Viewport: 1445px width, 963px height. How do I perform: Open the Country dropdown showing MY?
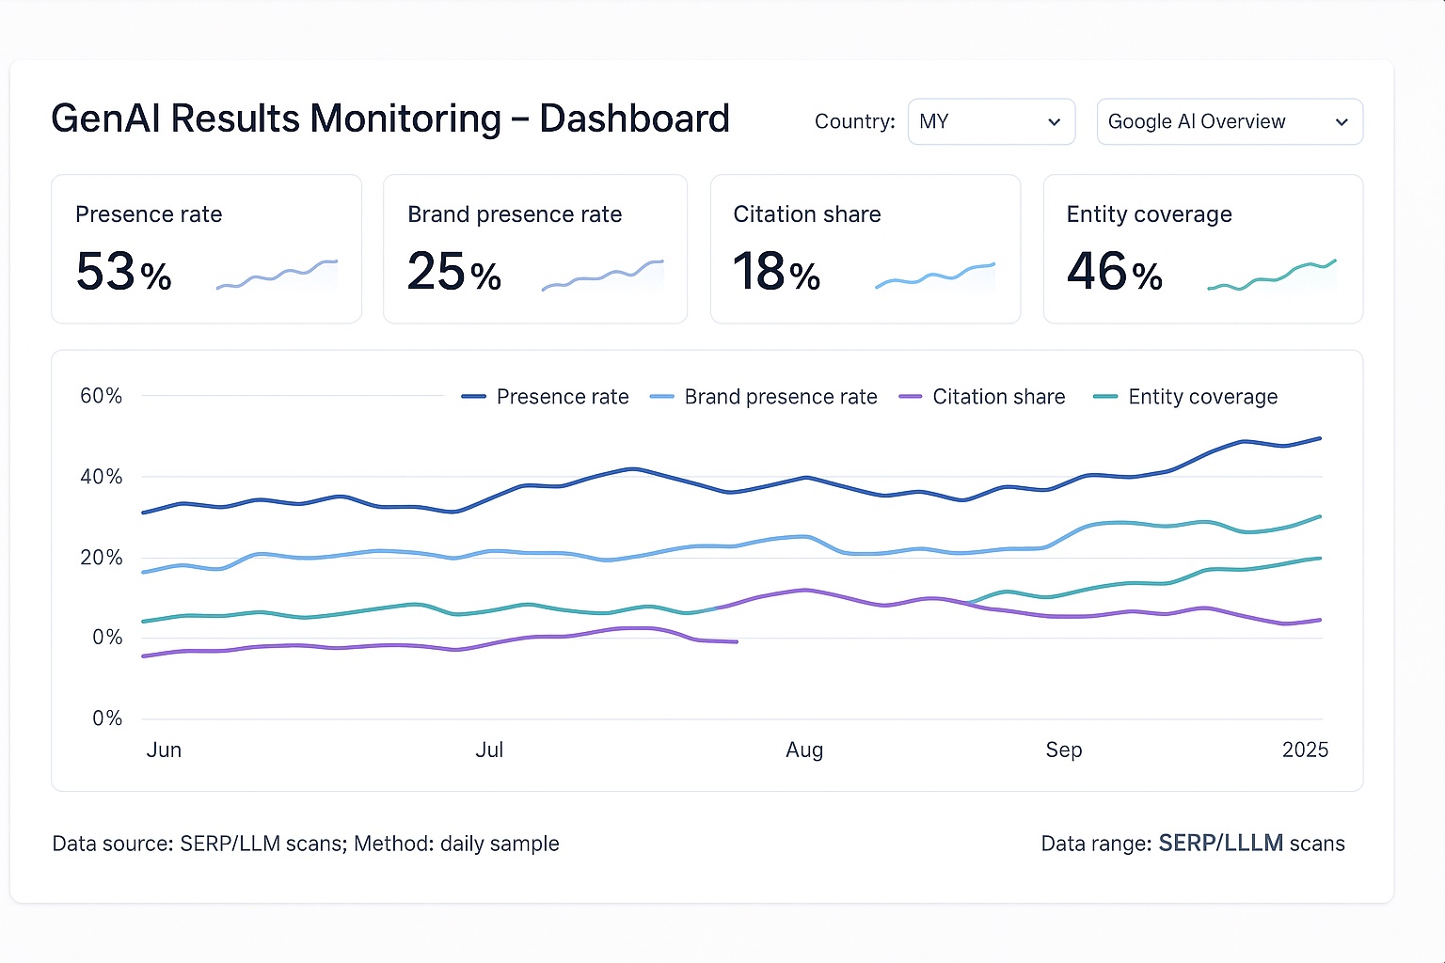coord(991,121)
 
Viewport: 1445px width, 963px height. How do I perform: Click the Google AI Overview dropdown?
coord(1229,121)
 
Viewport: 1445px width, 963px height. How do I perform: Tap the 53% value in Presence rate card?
coord(123,272)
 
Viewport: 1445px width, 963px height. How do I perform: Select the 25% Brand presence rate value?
coord(453,272)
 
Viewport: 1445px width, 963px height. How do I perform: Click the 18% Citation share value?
coord(776,272)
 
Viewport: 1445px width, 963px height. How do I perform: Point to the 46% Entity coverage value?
coord(1114,272)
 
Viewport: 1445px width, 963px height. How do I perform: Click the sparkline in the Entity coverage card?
coord(1272,276)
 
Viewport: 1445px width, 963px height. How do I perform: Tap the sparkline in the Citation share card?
coord(935,275)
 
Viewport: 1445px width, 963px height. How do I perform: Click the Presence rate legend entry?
coord(545,397)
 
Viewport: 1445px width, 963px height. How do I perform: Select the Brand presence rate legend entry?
coord(763,397)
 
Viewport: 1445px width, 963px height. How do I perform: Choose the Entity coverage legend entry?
coord(1185,397)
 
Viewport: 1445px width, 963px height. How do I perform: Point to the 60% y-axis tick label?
coord(101,396)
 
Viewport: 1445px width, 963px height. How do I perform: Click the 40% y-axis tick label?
coord(101,477)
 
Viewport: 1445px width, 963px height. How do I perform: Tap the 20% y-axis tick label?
coord(101,558)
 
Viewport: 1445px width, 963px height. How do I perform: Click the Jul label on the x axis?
coord(489,750)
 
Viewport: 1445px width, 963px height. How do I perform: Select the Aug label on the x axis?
coord(804,750)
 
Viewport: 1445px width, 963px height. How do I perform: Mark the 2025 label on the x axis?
coord(1305,750)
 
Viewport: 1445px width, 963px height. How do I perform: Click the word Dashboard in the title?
coord(634,118)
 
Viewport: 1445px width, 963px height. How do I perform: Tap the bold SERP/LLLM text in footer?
coord(1220,844)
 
